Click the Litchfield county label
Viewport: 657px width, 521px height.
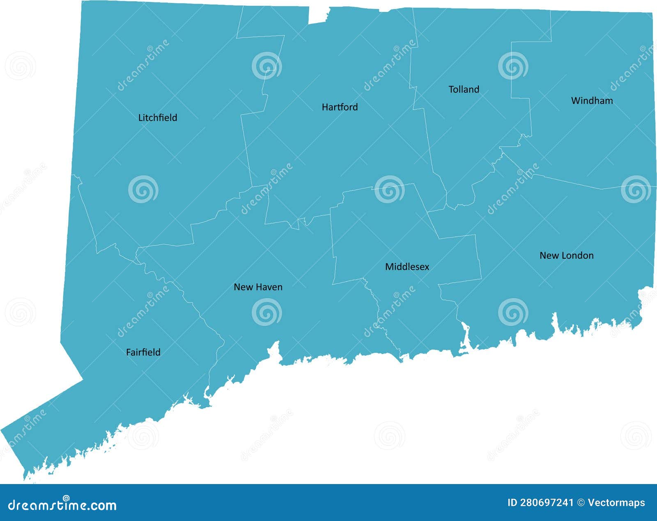pos(158,118)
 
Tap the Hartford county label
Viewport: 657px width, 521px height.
pos(340,107)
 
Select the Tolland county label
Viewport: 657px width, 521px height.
pos(464,90)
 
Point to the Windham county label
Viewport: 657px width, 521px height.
pos(592,101)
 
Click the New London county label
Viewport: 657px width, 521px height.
pos(566,255)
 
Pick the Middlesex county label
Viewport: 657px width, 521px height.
pos(407,267)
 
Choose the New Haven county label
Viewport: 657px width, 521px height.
pos(258,287)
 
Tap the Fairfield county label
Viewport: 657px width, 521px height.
pos(143,352)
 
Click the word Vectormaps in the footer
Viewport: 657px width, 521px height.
pos(616,503)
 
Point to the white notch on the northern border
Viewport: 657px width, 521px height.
pos(318,15)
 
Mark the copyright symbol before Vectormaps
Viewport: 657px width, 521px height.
pos(581,503)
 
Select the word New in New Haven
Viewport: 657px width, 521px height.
pos(242,287)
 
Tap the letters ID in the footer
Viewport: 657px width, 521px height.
pos(512,503)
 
